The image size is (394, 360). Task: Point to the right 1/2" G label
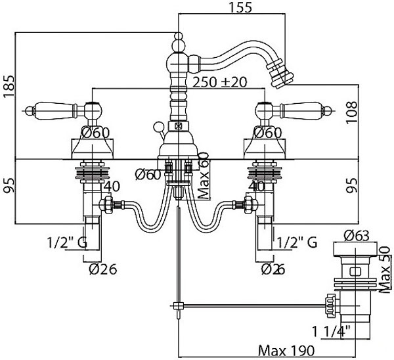pyautogui.click(x=296, y=242)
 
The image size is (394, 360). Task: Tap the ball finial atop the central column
pyautogui.click(x=178, y=45)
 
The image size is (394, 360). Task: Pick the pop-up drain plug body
pyautogui.click(x=355, y=269)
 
